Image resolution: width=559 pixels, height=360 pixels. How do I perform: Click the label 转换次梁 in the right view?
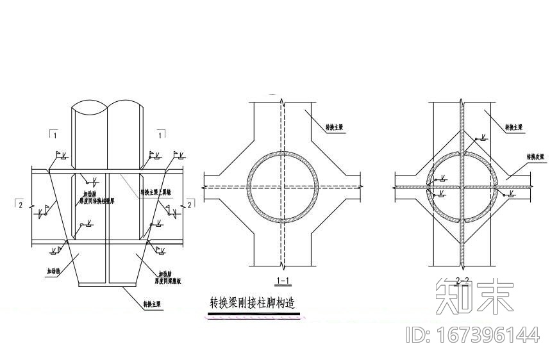click(536, 156)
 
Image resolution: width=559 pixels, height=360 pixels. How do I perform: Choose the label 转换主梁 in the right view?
click(514, 127)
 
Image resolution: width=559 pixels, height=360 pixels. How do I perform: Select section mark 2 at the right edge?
click(189, 204)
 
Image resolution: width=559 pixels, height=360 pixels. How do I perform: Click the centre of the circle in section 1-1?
click(282, 186)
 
